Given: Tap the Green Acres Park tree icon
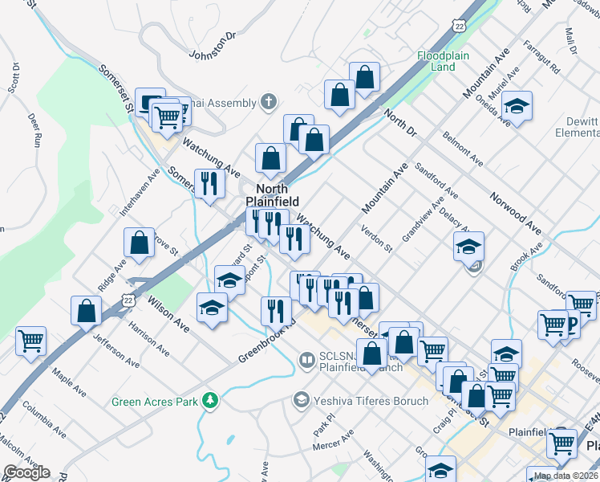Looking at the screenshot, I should pos(211,400).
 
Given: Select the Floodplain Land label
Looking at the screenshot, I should pos(436,61).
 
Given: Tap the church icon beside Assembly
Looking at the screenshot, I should pos(269,103).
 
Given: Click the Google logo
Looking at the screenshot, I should pos(27,472).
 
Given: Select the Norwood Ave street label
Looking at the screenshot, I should pos(516,210).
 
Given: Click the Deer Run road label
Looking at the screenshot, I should pos(34,129).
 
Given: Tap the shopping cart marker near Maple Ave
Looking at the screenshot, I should pos(30,341).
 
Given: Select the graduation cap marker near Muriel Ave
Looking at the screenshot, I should pos(517,107).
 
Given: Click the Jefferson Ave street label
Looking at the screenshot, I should pos(111,350).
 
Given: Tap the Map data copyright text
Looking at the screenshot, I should pos(566,476).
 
